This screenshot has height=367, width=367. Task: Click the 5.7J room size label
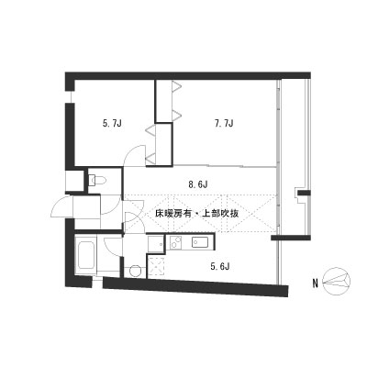pyautogui.click(x=112, y=124)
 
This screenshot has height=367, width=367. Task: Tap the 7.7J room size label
pyautogui.click(x=224, y=124)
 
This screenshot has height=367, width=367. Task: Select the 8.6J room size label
pyautogui.click(x=198, y=184)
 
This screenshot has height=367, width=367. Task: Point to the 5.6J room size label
pyautogui.click(x=219, y=267)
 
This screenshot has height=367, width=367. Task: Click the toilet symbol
pyautogui.click(x=96, y=180)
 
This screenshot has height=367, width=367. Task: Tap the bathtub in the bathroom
pyautogui.click(x=84, y=256)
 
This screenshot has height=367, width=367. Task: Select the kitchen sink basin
pyautogui.click(x=200, y=242)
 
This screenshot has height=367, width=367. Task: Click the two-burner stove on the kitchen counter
pyautogui.click(x=176, y=242)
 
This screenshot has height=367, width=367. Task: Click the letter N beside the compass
pyautogui.click(x=315, y=284)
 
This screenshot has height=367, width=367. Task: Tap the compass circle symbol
pyautogui.click(x=337, y=282)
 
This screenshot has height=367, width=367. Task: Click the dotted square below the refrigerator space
pyautogui.click(x=156, y=266)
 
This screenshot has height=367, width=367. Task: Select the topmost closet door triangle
pyautogui.click(x=177, y=86)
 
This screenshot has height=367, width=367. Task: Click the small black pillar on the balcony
pyautogui.click(x=305, y=193)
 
